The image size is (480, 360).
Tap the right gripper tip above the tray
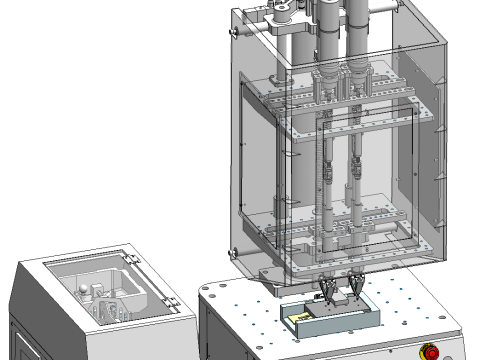354,292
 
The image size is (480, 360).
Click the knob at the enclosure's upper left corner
235,31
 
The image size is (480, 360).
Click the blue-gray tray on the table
330,325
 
